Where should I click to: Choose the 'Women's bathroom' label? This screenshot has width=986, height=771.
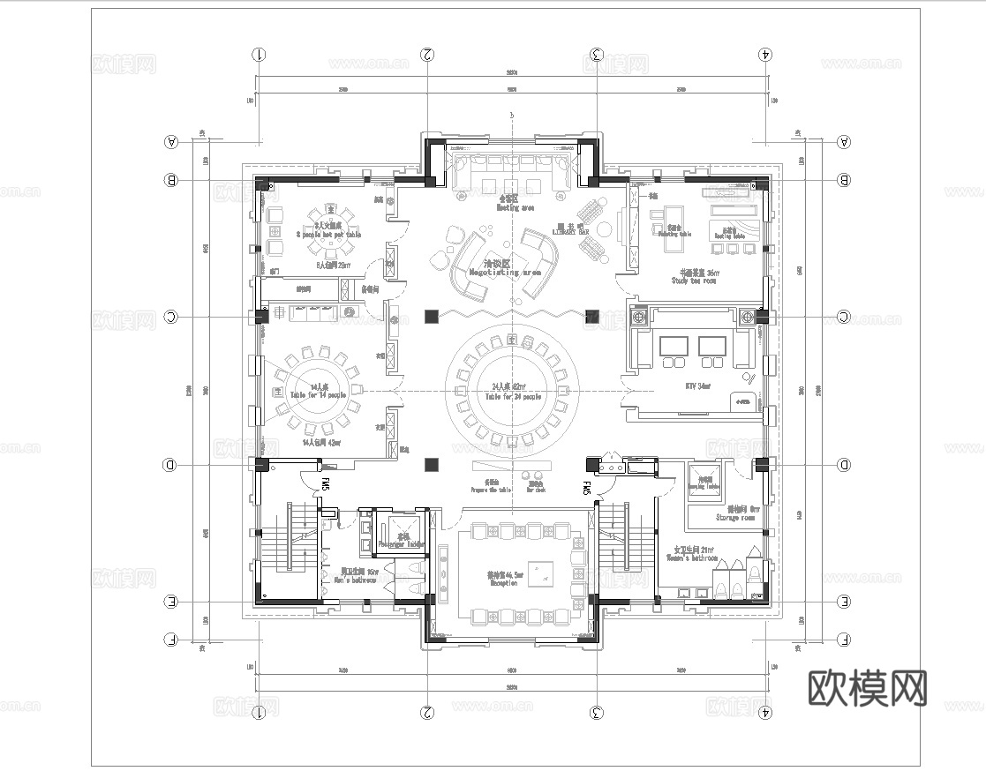[x=693, y=558]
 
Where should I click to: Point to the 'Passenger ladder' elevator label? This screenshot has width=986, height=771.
[x=402, y=544]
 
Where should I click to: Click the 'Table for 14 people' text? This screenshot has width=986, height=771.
[x=315, y=395]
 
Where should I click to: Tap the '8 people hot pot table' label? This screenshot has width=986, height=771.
[x=328, y=235]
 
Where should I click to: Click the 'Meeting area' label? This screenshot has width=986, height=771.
[x=516, y=208]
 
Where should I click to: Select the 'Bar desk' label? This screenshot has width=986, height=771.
[x=536, y=490]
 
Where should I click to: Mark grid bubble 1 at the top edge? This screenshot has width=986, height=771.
[x=259, y=54]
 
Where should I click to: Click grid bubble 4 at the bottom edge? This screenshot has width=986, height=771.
[x=765, y=711]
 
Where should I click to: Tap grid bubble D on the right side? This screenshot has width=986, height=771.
[x=843, y=465]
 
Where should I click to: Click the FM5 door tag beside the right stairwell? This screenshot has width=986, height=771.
[x=585, y=488]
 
